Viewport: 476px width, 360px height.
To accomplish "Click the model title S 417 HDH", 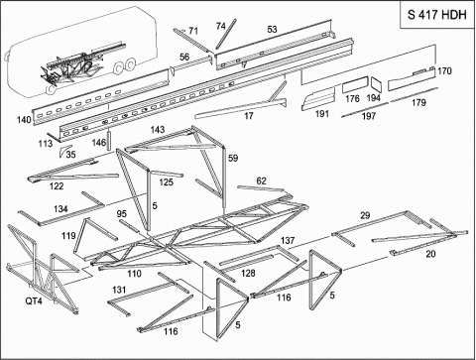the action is pos(436,15).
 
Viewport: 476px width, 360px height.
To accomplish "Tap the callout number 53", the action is pos(272,30).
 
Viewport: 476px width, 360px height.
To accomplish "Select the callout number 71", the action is pos(193,31).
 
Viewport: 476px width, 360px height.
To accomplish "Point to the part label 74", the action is pos(221,26).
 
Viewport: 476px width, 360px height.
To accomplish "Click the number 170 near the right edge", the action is pos(444,70).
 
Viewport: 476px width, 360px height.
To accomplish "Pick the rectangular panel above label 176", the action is pos(355,85).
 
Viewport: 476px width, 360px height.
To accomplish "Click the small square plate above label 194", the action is pos(376,85).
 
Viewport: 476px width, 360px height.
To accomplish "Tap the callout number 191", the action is pos(322,114).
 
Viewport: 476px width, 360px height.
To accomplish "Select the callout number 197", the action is pos(369,116).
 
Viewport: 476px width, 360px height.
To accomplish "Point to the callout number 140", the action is pos(24,120).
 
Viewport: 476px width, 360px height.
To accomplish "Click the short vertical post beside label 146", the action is pos(109,141).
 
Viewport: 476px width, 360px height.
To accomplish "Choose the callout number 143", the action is pos(158,129).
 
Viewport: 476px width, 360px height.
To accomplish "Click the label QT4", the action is pos(34,301).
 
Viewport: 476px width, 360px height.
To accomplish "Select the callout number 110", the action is pos(134,274).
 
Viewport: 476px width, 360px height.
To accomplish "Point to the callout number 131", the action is pos(119,290).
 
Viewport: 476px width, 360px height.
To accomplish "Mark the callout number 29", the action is pos(365,215).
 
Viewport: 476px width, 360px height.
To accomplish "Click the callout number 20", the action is pos(430,254).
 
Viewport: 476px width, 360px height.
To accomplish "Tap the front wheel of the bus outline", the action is pos(51,88).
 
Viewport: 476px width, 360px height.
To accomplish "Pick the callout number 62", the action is pos(261,180).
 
